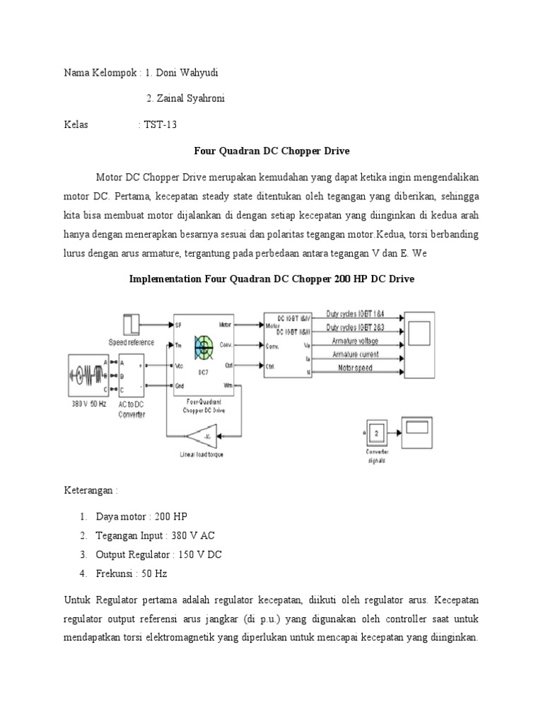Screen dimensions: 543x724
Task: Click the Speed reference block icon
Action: (133, 325)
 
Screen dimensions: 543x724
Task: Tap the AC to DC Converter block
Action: (132, 376)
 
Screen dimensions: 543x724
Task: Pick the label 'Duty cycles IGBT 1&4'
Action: (351, 313)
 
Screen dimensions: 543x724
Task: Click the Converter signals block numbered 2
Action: (378, 433)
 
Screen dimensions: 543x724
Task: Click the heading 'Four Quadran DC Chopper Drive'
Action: (271, 151)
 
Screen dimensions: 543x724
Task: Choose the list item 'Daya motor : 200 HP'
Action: (133, 515)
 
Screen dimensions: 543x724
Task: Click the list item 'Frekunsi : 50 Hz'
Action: (132, 573)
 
